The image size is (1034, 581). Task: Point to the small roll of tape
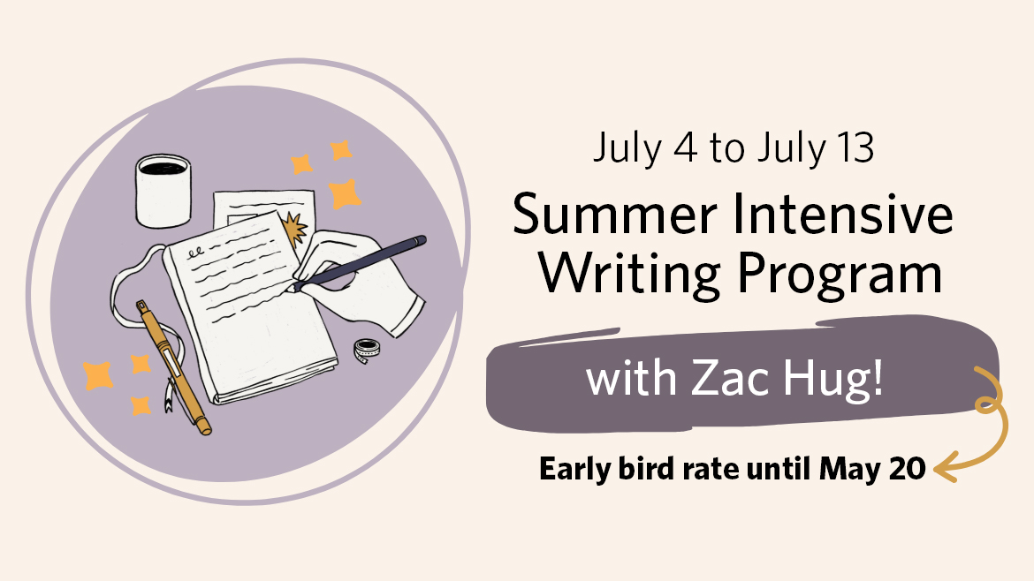pos(367,350)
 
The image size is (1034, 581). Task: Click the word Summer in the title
pos(614,215)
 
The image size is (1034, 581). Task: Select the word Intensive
pos(843,215)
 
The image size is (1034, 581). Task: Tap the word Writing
pos(630,275)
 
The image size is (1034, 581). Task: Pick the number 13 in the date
pos(856,147)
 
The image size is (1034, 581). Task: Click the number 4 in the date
pos(685,147)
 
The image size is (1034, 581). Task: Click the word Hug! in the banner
pos(833,380)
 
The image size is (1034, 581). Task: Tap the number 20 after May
pos(908,469)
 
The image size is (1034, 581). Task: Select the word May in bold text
pos(851,471)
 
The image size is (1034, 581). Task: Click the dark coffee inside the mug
pos(163,168)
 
